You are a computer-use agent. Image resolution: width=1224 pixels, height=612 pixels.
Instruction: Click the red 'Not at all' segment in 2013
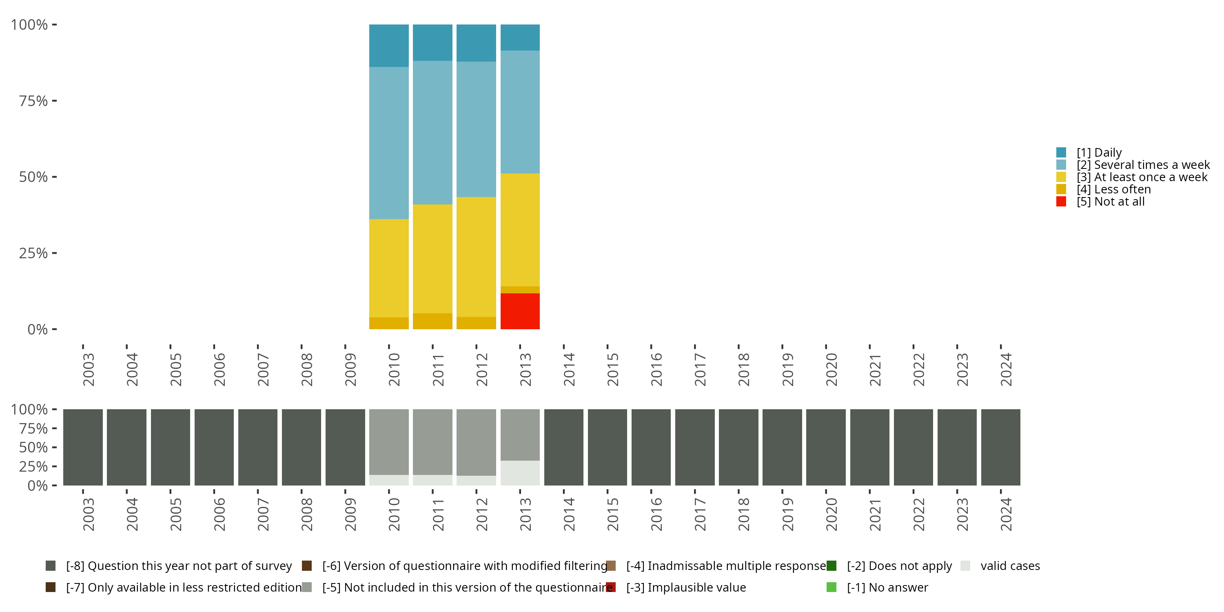(520, 311)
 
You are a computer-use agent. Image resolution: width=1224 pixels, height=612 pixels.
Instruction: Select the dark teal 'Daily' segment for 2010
(389, 46)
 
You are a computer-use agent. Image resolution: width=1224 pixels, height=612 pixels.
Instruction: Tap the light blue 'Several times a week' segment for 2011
(432, 132)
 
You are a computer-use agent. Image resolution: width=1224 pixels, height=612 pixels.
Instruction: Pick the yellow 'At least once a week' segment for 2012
(476, 257)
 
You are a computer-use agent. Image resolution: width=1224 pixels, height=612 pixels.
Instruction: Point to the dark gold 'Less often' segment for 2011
(432, 321)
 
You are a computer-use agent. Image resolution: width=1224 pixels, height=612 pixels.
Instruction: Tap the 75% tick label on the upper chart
(33, 101)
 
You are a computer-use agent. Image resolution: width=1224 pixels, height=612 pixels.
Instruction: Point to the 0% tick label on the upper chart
(38, 329)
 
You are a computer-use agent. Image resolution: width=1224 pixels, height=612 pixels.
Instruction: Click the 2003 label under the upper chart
(89, 370)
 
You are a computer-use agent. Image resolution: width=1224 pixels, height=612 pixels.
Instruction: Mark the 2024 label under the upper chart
(1006, 370)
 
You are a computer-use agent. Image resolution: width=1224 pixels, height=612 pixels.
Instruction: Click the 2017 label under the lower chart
(700, 514)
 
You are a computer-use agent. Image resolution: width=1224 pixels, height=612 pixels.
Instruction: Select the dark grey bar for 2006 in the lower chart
(214, 447)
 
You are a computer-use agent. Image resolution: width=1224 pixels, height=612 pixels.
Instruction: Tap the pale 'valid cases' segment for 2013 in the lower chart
(520, 473)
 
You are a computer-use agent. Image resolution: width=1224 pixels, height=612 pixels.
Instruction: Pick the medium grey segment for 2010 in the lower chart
(389, 442)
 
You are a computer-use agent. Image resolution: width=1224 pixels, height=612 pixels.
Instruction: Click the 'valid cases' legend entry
(1010, 566)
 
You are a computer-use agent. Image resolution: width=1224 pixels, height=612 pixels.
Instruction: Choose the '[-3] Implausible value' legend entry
(686, 587)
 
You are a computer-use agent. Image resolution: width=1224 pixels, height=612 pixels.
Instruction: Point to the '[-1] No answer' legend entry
(887, 587)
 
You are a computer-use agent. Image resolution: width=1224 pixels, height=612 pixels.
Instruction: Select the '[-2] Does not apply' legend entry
(899, 566)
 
